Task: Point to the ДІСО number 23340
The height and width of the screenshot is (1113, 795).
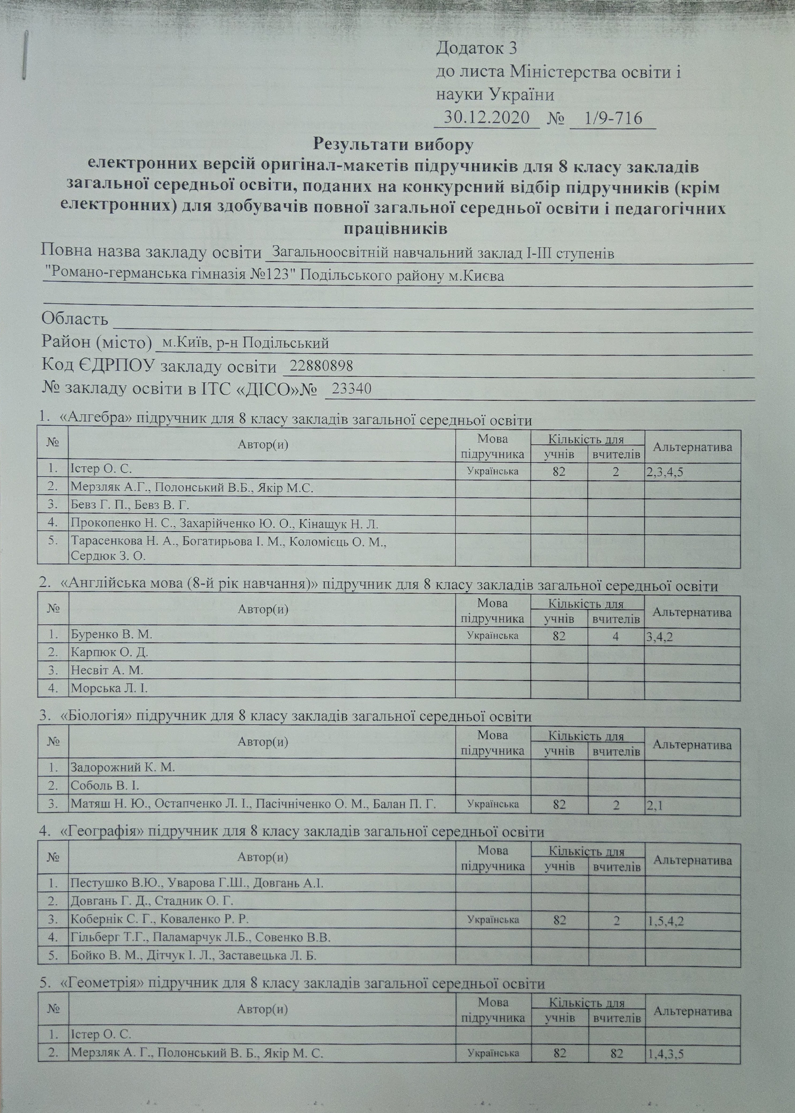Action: click(x=352, y=389)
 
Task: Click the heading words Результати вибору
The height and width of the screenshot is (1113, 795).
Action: click(x=394, y=144)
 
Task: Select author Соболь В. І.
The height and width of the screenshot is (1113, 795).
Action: click(x=105, y=786)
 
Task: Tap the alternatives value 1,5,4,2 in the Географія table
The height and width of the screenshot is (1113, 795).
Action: click(x=666, y=922)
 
